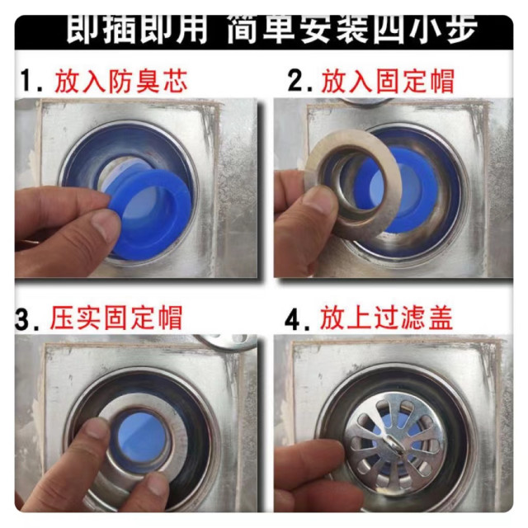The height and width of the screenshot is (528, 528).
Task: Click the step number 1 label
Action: (31, 82)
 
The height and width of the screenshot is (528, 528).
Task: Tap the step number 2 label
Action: (299, 81)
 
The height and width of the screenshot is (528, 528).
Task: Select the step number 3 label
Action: (27, 318)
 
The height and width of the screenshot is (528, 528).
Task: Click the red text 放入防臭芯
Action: (121, 81)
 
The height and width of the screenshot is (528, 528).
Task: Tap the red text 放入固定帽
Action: (388, 81)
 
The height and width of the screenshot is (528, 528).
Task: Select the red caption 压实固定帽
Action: (116, 318)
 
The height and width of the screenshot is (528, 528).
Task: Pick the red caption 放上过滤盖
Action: (387, 318)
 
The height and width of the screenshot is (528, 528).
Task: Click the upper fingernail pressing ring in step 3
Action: (96, 427)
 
